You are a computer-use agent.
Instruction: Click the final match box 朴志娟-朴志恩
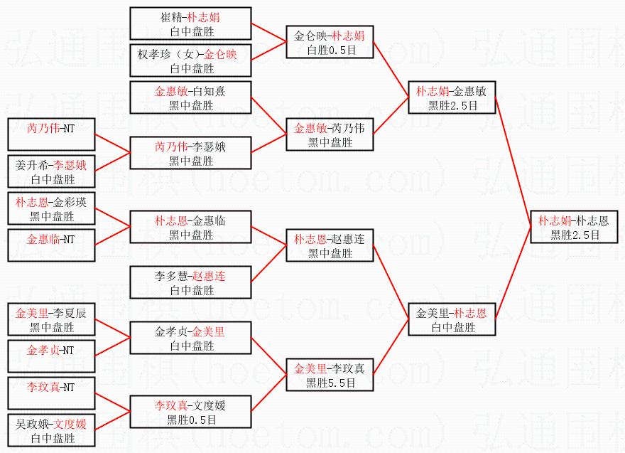574,227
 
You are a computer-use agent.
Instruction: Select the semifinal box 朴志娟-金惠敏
452,98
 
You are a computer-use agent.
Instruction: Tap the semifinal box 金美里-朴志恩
452,320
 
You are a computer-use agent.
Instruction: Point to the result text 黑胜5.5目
330,383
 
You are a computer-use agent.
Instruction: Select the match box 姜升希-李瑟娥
50,171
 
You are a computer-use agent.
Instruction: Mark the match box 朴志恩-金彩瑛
50,208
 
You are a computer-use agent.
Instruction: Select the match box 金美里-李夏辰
50,319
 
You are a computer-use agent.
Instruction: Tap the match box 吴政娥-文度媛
50,430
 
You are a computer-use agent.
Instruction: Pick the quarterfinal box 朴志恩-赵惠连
330,246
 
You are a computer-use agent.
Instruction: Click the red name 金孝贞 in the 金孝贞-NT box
40,351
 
